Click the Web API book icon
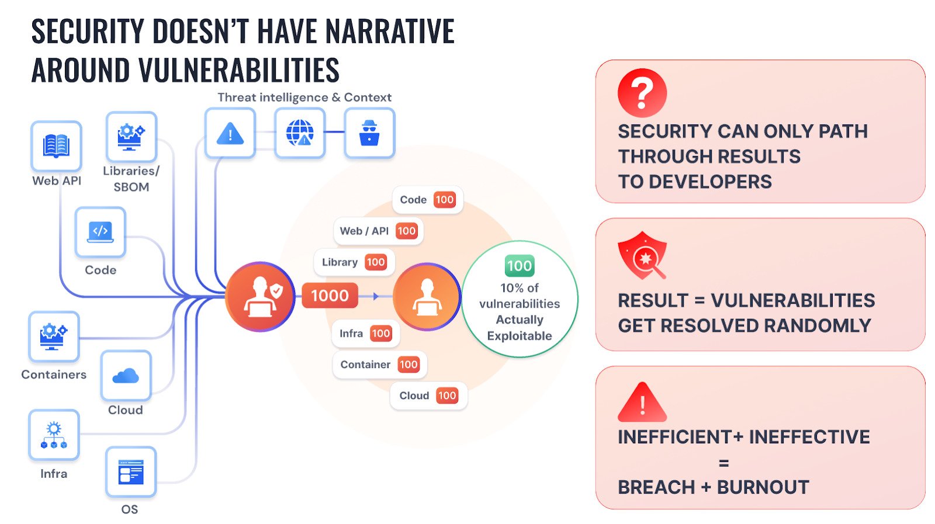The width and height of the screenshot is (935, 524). [56, 145]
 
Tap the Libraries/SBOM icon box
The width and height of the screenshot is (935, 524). [131, 137]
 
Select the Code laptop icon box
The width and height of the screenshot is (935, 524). [100, 232]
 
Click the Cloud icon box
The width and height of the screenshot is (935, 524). [126, 376]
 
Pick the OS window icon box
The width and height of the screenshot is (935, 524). [130, 471]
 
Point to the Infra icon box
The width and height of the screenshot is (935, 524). [54, 435]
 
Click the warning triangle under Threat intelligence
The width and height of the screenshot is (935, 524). [230, 134]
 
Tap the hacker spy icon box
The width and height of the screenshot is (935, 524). [369, 133]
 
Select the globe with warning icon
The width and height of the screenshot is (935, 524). [300, 133]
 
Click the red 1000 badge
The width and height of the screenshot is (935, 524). [330, 296]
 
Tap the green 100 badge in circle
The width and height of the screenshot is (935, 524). [519, 266]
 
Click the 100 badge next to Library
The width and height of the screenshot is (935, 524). [376, 262]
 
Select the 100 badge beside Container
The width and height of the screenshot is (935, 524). [408, 365]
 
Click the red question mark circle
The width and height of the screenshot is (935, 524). [642, 93]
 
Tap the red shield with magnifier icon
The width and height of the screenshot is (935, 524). [642, 255]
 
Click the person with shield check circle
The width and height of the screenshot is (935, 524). [260, 296]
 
